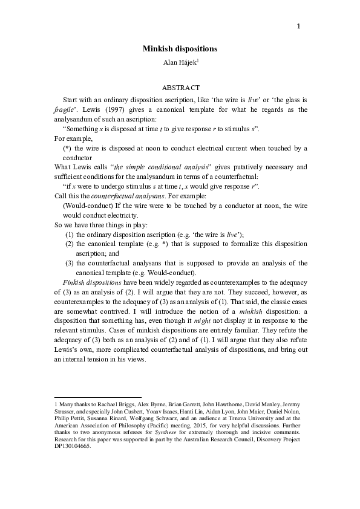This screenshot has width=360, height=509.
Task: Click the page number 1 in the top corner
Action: (298, 26)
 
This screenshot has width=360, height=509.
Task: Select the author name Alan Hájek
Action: (178, 60)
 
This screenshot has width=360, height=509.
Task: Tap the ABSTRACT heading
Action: (180, 88)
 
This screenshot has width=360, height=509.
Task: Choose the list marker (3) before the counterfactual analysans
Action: (70, 263)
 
